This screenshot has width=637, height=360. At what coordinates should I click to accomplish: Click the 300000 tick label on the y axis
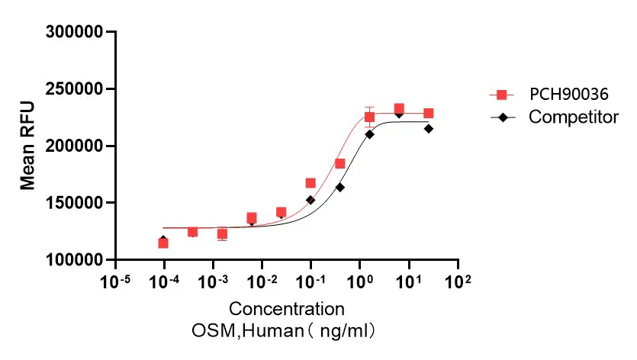tap(74, 32)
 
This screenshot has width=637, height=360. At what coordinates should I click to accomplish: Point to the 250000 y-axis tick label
tap(74, 89)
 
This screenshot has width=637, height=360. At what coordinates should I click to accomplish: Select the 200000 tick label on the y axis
tap(74, 146)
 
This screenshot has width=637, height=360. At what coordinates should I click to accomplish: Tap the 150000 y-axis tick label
tap(74, 203)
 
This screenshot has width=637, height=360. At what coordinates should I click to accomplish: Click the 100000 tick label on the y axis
tap(74, 260)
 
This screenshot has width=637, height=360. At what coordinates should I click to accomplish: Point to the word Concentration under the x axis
tap(286, 310)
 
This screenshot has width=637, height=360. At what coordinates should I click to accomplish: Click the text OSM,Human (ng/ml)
tap(287, 332)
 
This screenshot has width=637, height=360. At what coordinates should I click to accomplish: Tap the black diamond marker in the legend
tap(501, 117)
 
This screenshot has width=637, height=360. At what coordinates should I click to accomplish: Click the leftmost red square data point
tap(163, 243)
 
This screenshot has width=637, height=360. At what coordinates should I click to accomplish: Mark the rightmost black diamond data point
tap(429, 128)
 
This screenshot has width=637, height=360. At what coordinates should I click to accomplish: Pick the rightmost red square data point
tap(429, 114)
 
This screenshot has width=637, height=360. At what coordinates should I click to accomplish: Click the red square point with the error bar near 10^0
tap(369, 117)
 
